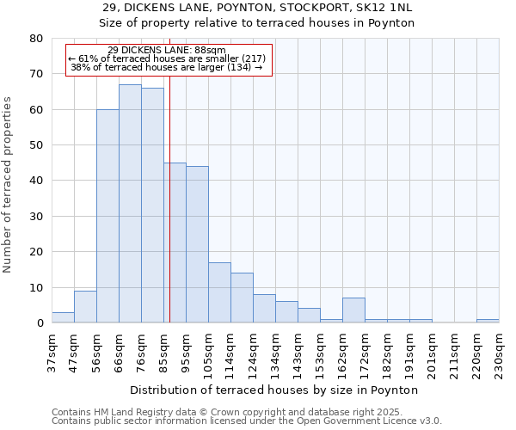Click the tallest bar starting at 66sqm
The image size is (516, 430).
point(130,204)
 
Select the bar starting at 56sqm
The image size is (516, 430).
point(107,216)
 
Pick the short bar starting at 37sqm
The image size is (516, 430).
point(63,317)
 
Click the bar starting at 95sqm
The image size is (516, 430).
point(197,244)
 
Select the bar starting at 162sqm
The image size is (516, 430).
point(353,310)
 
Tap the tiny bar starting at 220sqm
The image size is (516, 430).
point(488,321)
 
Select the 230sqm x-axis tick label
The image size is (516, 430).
point(500,353)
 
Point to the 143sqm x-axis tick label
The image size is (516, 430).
point(298,353)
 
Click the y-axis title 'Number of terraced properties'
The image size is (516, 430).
point(8,185)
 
